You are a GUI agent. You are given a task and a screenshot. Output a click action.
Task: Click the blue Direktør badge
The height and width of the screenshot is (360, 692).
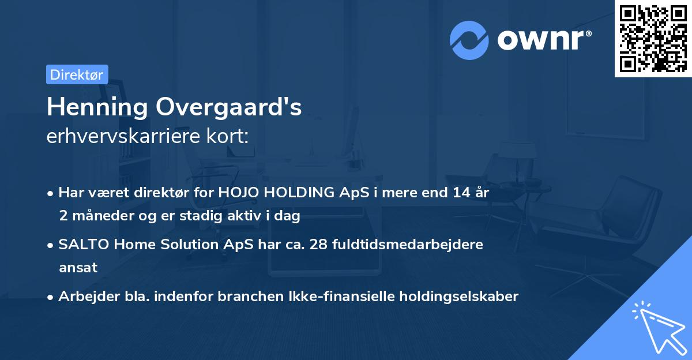pos(77,74)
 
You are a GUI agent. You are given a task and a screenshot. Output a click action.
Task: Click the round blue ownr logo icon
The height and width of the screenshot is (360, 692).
pos(469,40)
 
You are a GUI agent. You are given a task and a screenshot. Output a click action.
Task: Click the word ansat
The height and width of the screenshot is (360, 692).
pos(78,268)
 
